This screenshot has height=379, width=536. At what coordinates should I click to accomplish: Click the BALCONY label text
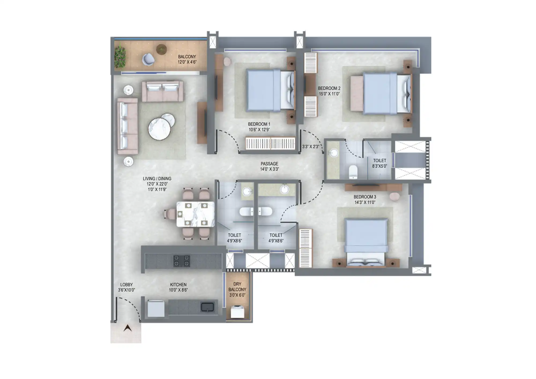[187, 57]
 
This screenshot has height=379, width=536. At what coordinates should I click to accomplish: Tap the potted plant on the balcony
[120, 57]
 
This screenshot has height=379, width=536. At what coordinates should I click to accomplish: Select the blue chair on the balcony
[148, 59]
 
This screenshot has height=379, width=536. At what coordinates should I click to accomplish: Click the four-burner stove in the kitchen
[181, 261]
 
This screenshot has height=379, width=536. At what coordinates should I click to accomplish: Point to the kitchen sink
[207, 307]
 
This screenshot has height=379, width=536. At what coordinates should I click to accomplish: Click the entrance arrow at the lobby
[128, 328]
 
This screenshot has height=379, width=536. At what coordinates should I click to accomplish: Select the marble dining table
[195, 214]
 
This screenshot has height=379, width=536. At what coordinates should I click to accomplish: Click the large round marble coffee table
[159, 129]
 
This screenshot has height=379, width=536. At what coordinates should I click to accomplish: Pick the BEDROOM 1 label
[259, 124]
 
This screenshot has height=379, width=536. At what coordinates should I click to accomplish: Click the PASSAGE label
[269, 164]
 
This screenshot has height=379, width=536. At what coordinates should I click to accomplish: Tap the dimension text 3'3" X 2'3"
[311, 147]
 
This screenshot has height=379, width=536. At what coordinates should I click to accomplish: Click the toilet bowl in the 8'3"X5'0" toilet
[353, 172]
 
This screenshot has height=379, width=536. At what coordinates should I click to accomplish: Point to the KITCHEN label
[178, 285]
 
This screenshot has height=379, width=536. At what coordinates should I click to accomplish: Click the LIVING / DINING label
[157, 179]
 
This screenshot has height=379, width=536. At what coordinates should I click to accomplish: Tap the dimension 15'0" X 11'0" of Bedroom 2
[329, 94]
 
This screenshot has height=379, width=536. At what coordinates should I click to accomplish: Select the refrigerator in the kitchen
[156, 309]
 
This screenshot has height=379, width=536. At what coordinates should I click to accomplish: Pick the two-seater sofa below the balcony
[162, 91]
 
